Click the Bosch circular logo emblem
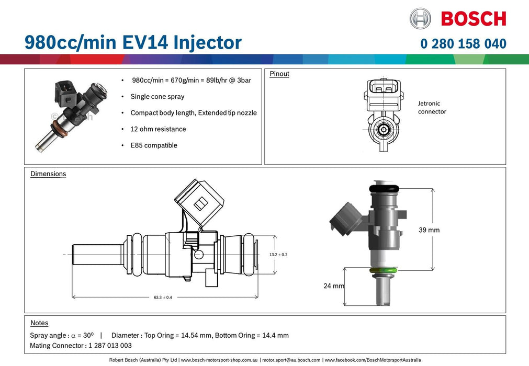(420, 18)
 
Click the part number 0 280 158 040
(463, 43)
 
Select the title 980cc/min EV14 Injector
(133, 42)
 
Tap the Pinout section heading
(279, 74)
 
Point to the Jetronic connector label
(432, 108)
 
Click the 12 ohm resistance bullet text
(158, 129)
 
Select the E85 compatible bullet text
(154, 145)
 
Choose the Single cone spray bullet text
(157, 97)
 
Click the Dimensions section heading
(48, 174)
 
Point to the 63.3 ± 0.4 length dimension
(163, 297)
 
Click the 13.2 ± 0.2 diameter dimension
(278, 254)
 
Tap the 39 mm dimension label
(429, 230)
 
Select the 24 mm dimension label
(334, 286)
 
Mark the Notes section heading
(39, 323)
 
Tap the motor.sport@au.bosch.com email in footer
(291, 360)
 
